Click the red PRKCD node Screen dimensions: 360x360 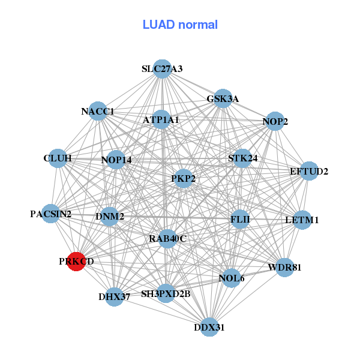(76, 262)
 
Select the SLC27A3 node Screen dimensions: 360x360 (161, 69)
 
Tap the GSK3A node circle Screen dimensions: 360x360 (223, 98)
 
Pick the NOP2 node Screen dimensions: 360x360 (275, 122)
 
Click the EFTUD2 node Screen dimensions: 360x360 (308, 171)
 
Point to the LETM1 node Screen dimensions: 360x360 (302, 220)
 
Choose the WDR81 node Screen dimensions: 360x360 (284, 267)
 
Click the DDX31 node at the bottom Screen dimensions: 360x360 (209, 327)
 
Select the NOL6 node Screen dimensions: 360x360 (232, 278)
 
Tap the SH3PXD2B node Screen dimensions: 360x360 (166, 293)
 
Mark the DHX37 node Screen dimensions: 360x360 (114, 296)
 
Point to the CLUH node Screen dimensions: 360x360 (58, 158)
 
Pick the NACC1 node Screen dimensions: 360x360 (98, 111)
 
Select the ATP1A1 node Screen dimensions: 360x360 (161, 120)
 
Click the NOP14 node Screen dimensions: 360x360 (116, 160)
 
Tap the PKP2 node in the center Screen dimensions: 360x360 (184, 178)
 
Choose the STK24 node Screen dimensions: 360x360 (242, 159)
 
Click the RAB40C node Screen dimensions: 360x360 (168, 239)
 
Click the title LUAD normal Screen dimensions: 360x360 (180, 25)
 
